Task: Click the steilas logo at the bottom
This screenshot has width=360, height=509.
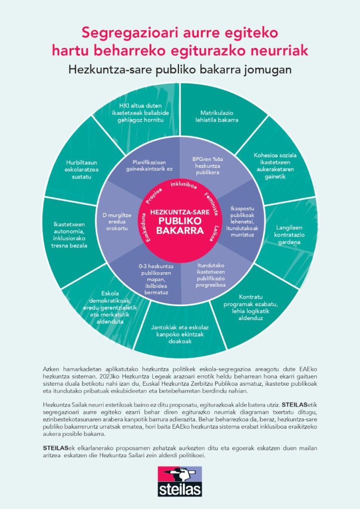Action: [180, 481]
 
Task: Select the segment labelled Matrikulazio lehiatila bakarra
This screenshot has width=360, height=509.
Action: [216, 116]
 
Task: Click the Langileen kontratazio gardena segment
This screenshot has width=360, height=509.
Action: [289, 235]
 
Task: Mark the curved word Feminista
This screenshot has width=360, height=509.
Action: [211, 202]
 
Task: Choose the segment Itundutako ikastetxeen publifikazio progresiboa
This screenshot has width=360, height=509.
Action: [214, 276]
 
